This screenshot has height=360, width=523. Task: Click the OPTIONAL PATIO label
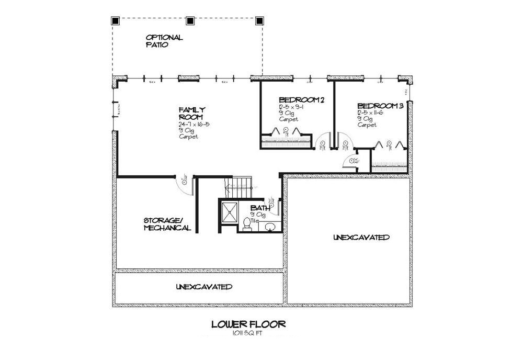pos(164,41)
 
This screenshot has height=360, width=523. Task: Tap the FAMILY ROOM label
pos(188,113)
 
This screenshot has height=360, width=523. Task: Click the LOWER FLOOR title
pos(248,324)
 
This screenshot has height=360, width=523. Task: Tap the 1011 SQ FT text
pos(248,333)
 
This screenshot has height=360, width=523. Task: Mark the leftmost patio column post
pos(116,21)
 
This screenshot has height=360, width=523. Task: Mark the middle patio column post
pos(190,21)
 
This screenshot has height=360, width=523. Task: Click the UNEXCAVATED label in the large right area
pos(361,238)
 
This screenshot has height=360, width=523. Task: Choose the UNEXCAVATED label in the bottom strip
pos(204,287)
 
